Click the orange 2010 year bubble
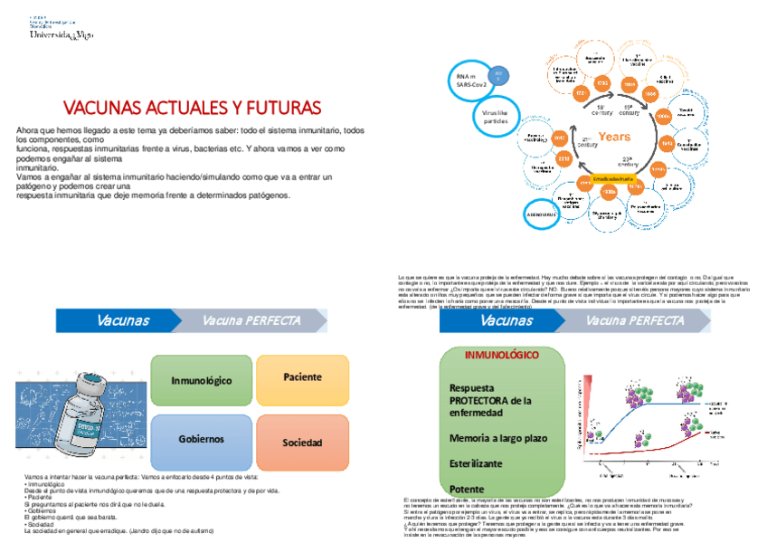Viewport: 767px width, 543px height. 563,159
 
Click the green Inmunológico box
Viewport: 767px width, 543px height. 202,381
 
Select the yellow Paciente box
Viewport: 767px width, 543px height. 302,377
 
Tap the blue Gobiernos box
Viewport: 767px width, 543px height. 202,439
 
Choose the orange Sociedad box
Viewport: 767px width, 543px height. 302,442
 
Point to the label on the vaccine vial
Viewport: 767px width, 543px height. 86,425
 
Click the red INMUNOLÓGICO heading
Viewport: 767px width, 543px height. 502,355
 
